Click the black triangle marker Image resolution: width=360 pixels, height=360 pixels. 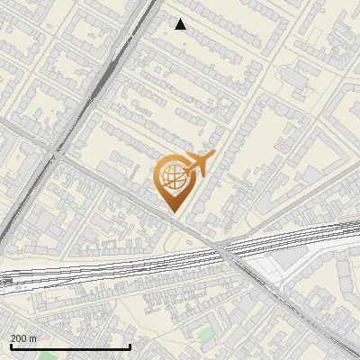click(181, 24)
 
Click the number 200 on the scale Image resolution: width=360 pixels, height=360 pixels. click(20, 338)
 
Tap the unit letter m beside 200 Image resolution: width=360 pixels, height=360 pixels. click(34, 338)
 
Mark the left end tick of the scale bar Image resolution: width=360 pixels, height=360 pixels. click(10, 346)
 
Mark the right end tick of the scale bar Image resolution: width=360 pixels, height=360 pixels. click(130, 346)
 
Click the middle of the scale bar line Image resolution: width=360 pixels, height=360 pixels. click(70, 346)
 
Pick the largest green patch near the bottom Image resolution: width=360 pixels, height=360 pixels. click(206, 334)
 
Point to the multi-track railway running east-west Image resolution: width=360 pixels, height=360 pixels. click(135, 265)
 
